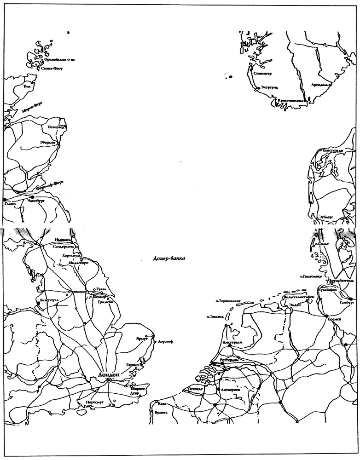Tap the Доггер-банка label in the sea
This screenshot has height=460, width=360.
169,259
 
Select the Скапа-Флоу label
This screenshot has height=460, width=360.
52,69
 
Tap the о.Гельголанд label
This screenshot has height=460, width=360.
313,276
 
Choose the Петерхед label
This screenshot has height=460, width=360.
55,126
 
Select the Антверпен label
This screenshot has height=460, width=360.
231,389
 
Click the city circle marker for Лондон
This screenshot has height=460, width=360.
109,380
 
